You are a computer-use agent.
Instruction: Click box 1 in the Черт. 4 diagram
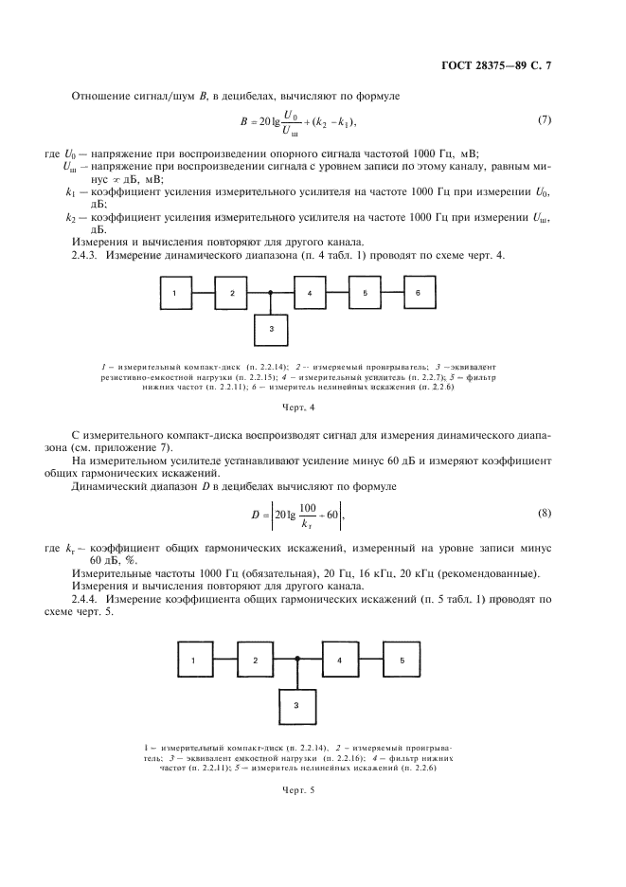pos(175,294)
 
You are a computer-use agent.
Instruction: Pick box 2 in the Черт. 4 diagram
pos(231,294)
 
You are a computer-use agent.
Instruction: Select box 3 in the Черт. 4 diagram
pos(272,328)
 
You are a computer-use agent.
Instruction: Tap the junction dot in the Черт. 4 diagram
pos(272,294)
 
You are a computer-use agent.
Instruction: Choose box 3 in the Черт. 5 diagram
pos(297,705)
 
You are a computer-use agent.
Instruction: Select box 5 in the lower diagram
pos(402,658)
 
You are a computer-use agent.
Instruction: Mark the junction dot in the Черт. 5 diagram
pos(297,659)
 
